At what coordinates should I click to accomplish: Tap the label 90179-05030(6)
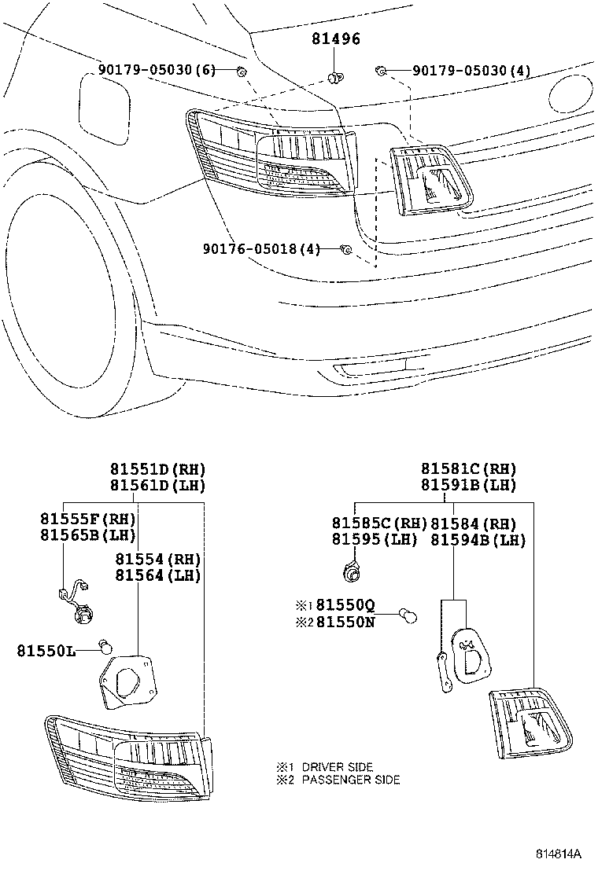click(x=157, y=71)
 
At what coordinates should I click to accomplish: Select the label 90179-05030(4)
click(x=472, y=71)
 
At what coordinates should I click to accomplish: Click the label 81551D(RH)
click(x=157, y=470)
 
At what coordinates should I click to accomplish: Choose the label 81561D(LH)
click(x=157, y=486)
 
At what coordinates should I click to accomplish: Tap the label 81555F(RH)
click(x=87, y=519)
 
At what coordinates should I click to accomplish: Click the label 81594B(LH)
click(x=478, y=539)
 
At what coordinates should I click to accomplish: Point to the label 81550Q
click(x=347, y=605)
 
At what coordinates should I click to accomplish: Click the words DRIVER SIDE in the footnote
click(x=337, y=766)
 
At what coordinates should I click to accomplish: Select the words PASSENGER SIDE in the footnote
click(x=350, y=780)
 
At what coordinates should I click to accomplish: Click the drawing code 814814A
click(x=559, y=854)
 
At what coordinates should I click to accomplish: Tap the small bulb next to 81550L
click(x=103, y=647)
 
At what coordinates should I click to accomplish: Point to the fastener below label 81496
click(x=335, y=76)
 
